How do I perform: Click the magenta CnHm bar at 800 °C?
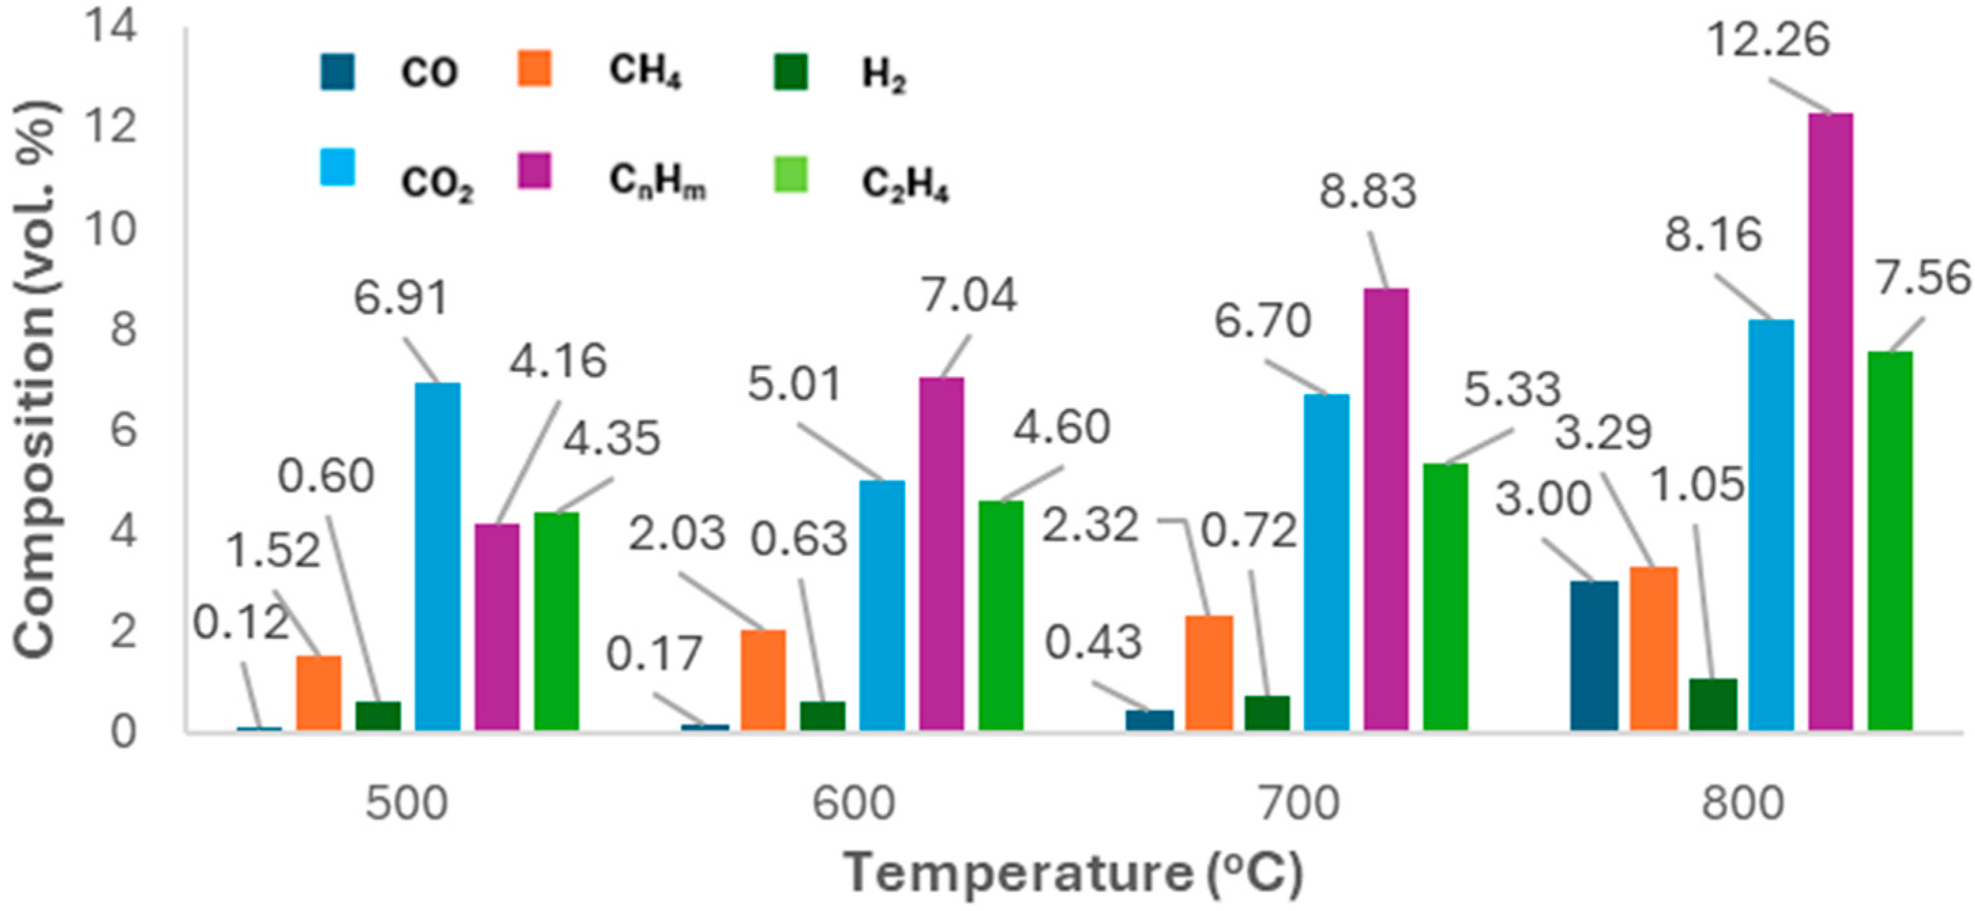tap(1830, 421)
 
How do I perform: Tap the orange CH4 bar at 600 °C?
tap(763, 680)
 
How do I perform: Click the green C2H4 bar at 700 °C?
tap(1445, 597)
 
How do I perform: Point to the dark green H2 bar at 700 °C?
tap(1267, 713)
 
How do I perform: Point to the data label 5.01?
tap(794, 383)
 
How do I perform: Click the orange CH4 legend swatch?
tap(535, 69)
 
